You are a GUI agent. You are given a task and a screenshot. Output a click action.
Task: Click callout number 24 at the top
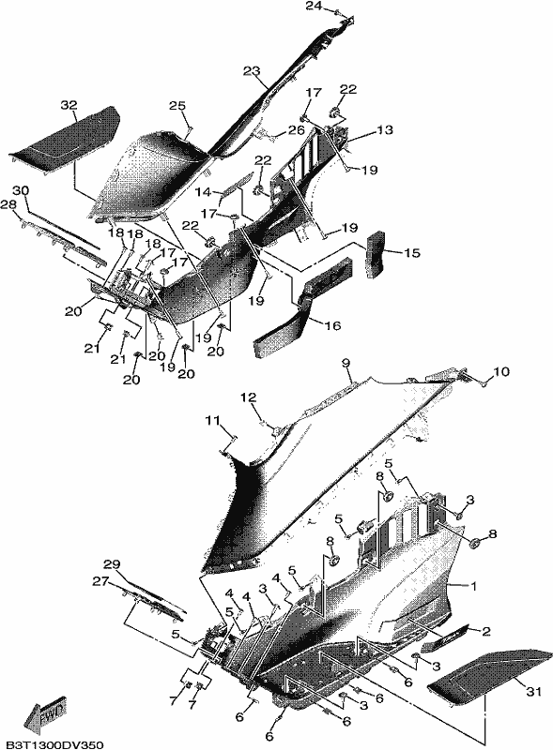click(314, 6)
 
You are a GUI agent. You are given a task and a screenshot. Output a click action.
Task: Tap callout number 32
click(69, 104)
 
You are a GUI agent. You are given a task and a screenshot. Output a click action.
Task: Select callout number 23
click(251, 71)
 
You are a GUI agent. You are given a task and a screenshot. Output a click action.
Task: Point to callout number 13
click(384, 129)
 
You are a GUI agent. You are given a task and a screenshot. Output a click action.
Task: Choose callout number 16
click(332, 325)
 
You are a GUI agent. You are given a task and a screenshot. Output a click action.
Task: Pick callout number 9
click(346, 364)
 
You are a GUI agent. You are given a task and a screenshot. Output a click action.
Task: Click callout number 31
click(534, 691)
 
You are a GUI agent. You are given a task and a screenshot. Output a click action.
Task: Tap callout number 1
click(474, 585)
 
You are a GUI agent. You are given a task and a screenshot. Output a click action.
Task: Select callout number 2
click(486, 631)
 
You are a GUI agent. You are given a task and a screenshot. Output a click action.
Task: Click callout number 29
click(112, 564)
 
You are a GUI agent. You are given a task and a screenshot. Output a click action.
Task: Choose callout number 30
click(21, 190)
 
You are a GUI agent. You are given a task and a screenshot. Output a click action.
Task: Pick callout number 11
click(212, 421)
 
